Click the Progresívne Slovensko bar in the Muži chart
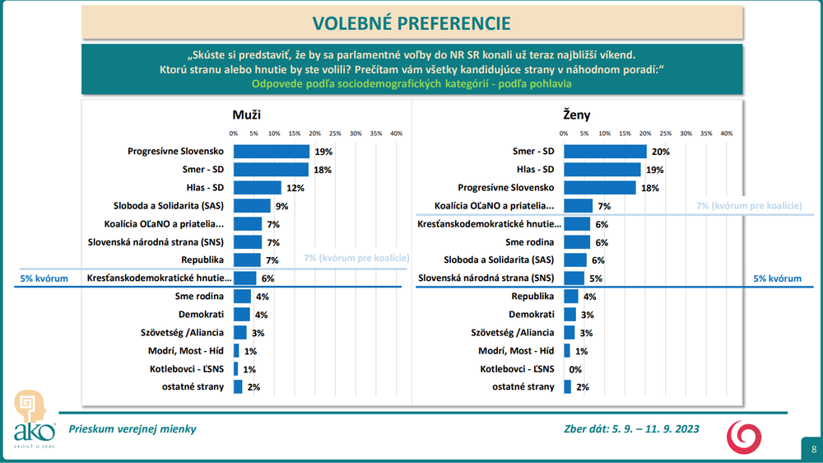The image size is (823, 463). pyautogui.click(x=272, y=152)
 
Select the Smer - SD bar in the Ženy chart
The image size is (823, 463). pyautogui.click(x=605, y=152)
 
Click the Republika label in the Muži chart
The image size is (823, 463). pyautogui.click(x=205, y=260)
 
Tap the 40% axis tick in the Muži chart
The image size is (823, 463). pyautogui.click(x=396, y=133)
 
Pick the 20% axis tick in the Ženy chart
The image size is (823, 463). pyautogui.click(x=645, y=133)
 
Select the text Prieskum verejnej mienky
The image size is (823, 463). pyautogui.click(x=133, y=429)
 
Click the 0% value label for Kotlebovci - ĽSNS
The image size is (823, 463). pyautogui.click(x=575, y=369)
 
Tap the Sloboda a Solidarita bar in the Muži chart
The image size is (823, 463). pyautogui.click(x=252, y=206)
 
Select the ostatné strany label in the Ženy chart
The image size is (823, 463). pyautogui.click(x=523, y=386)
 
